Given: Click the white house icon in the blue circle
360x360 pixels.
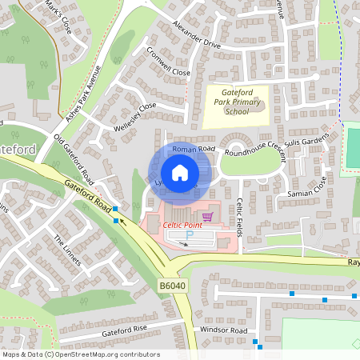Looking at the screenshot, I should coord(180,173).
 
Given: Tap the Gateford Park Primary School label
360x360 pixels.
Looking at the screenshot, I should coord(236,102).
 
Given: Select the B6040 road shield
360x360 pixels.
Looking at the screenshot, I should coord(171,285).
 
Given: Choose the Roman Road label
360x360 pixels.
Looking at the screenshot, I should coord(194,149).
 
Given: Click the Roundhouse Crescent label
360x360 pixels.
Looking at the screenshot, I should coord(254,150).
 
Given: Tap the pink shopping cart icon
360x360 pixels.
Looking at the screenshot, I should coord(207,216).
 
